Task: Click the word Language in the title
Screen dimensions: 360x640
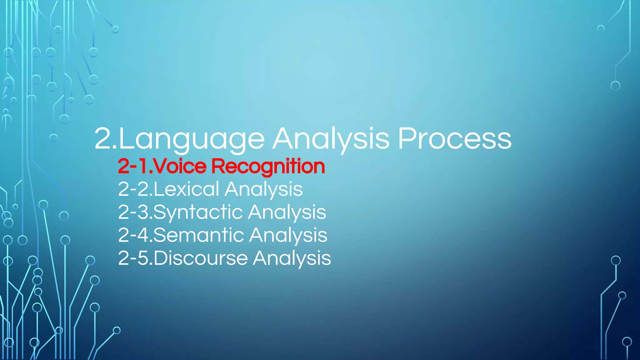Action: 192,139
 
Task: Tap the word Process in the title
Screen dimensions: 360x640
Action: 454,139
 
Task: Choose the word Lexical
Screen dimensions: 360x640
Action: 186,189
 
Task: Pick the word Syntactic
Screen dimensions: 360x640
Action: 198,212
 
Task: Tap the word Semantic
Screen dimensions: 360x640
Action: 199,235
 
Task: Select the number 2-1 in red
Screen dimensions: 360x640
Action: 133,166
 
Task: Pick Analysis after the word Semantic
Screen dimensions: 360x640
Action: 288,236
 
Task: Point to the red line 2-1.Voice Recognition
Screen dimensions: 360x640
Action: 221,166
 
